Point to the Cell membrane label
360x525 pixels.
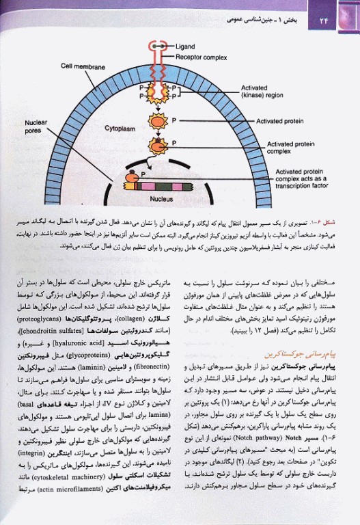point(84,68)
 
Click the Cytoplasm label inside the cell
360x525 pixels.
point(120,128)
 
